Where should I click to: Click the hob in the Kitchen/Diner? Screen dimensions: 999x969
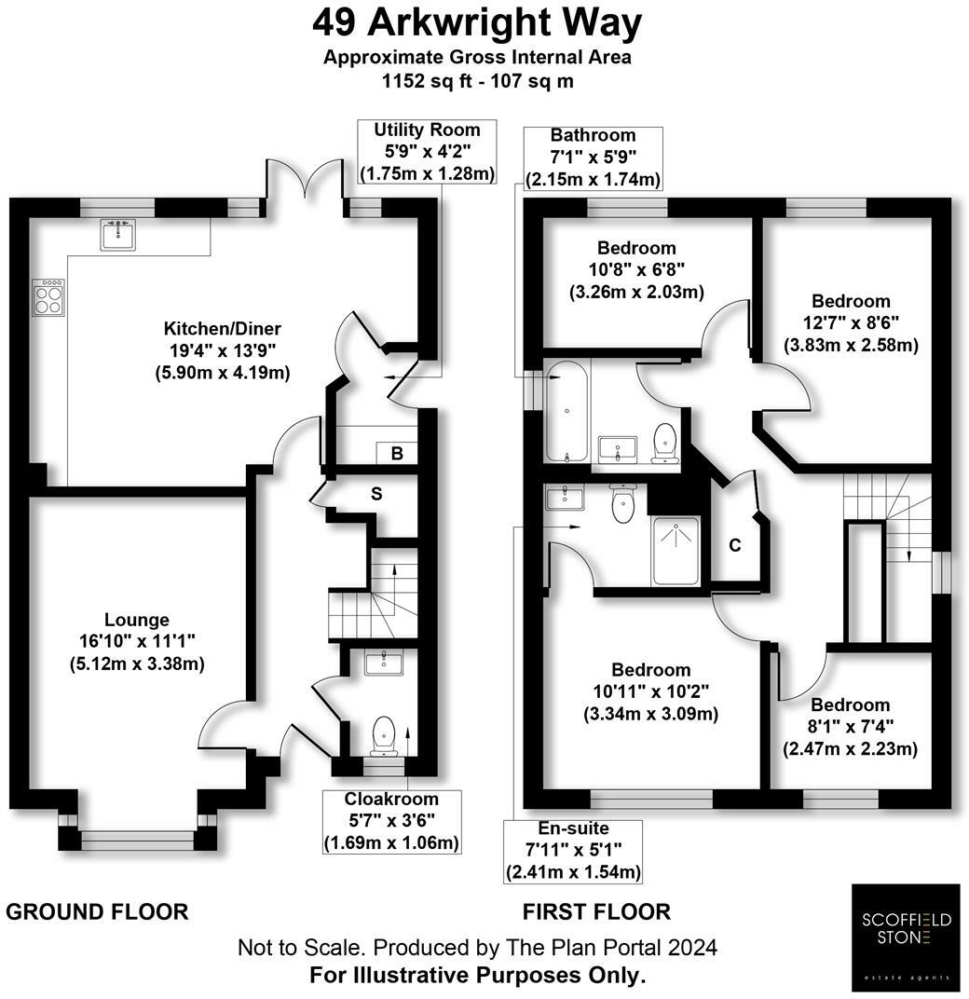click(48, 298)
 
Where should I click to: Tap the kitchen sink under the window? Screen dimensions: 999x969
click(118, 235)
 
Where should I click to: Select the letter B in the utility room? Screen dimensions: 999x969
click(396, 455)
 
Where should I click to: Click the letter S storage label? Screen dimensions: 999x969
click(376, 494)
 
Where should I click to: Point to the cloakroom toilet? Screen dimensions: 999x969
click(384, 735)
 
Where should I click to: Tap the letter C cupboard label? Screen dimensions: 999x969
click(735, 545)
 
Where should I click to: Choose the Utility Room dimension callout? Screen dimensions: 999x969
click(427, 151)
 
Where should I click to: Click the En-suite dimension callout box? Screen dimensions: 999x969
click(573, 850)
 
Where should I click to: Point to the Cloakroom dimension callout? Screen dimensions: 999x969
click(391, 821)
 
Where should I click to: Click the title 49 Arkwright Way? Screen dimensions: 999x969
click(477, 23)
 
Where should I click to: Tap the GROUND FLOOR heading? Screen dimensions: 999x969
click(97, 910)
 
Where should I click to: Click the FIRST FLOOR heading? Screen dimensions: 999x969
click(597, 910)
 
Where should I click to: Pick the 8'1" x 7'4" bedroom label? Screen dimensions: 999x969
click(850, 727)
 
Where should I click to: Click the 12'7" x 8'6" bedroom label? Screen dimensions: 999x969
click(851, 323)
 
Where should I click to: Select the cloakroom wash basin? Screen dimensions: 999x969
click(383, 664)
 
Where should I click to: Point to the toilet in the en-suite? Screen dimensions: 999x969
click(621, 504)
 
